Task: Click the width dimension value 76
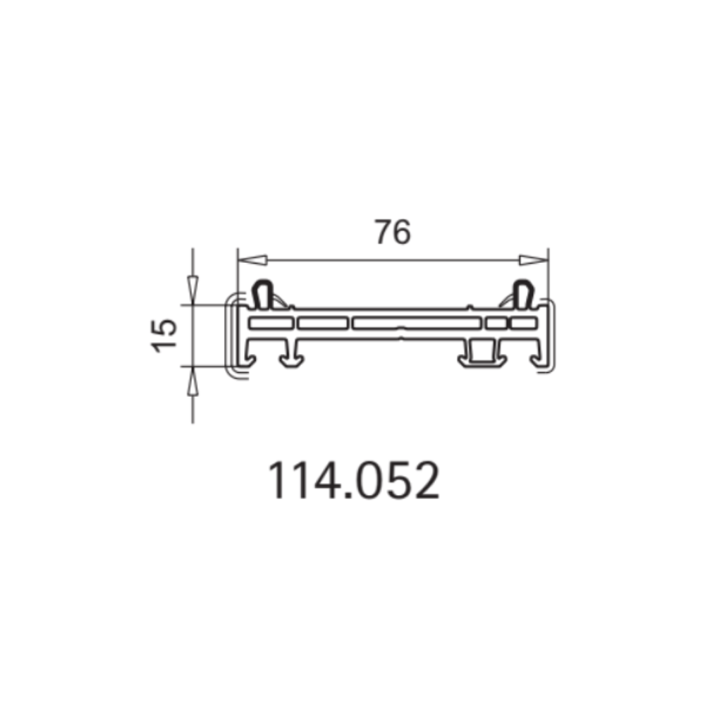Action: point(393,232)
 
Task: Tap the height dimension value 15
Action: point(164,336)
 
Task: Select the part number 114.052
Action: point(354,480)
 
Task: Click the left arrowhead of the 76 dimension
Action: point(252,260)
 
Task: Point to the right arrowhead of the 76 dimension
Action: point(534,260)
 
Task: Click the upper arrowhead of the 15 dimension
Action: point(192,290)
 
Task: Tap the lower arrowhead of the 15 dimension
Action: point(192,381)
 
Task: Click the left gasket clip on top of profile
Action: point(263,295)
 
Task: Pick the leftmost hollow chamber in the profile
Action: point(271,323)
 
